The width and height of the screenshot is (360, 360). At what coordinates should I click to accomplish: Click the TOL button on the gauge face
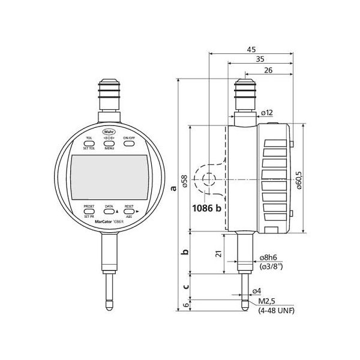point(89,143)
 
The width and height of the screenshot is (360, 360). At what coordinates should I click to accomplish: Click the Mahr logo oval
point(109,131)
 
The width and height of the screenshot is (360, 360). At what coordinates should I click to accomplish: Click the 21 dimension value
point(219,254)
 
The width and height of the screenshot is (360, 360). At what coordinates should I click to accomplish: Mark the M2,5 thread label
point(268,301)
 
